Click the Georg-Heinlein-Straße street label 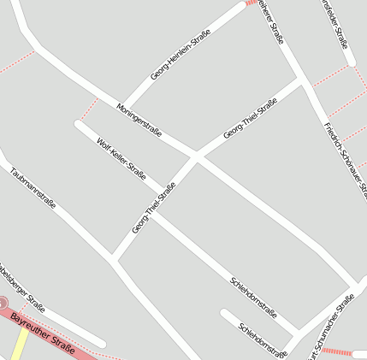coord(181,51)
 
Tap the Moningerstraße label coord(139,119)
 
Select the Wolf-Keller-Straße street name coord(121,158)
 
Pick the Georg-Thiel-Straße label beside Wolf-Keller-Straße coord(154,209)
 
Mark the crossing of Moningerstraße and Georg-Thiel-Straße coord(197,156)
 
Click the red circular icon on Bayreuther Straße coord(3,303)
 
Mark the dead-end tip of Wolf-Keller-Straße coord(79,125)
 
